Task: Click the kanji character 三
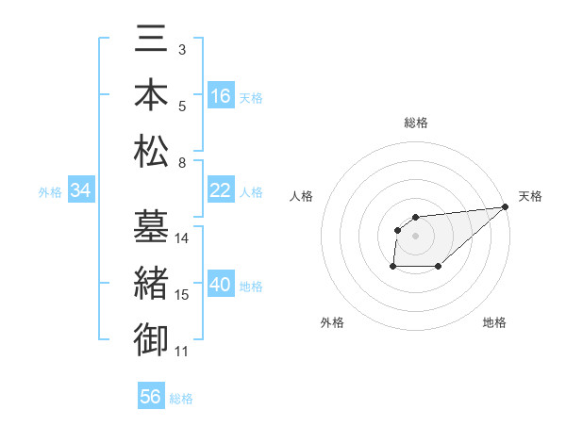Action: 151,39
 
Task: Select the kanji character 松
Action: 151,151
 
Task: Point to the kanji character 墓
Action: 151,227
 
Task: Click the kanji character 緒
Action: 151,284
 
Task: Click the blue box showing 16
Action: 221,96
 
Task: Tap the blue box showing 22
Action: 221,191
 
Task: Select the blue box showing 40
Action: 221,286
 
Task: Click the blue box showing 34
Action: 80,191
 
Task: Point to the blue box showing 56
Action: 150,397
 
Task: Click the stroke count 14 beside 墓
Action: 183,238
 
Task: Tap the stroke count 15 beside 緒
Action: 183,295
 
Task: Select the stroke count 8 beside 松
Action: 181,163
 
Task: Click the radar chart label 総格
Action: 416,123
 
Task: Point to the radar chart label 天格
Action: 530,196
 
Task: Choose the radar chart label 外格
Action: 332,322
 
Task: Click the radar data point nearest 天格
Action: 505,206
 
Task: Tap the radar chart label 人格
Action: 302,196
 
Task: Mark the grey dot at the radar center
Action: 416,235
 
